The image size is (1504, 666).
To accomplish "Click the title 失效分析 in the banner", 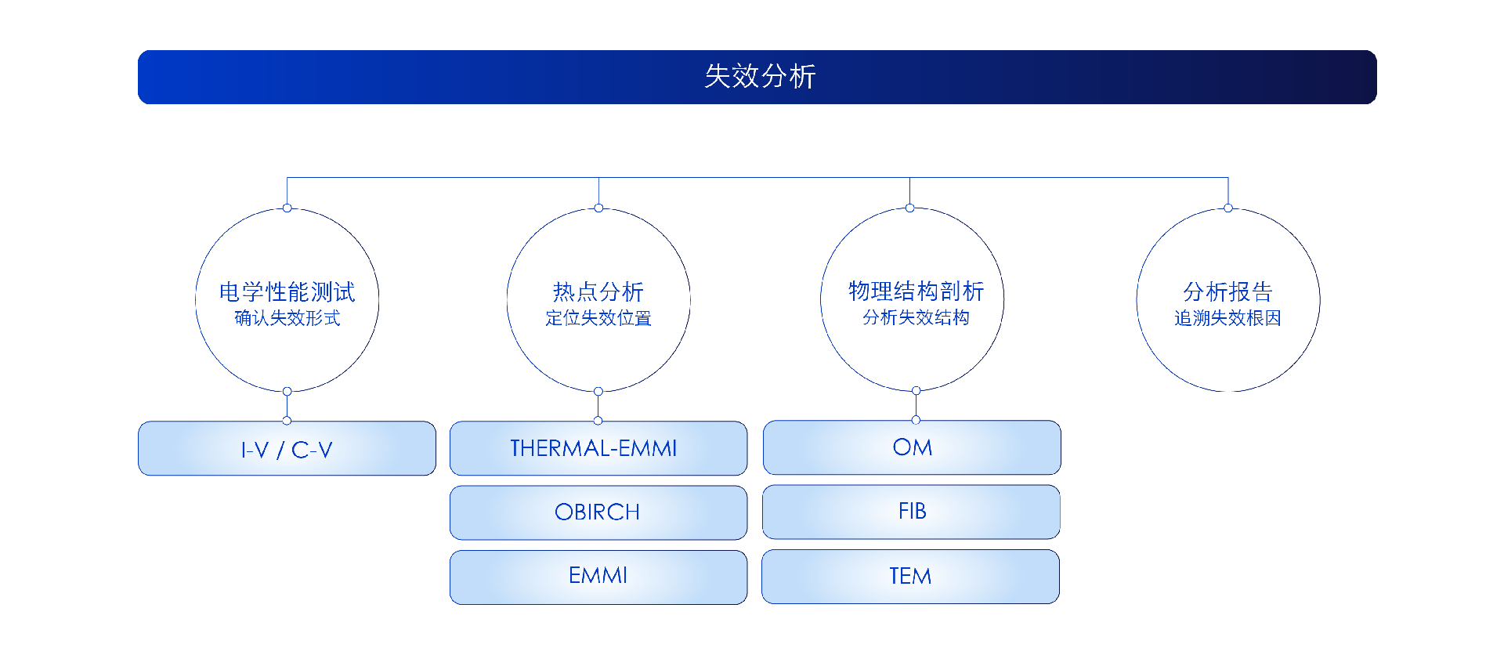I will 759,77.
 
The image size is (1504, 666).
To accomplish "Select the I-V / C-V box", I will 287,449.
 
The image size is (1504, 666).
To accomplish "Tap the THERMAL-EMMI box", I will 598,448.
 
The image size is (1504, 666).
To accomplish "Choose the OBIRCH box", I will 598,512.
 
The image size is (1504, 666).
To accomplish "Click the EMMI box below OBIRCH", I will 598,576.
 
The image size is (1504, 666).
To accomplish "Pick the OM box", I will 912,447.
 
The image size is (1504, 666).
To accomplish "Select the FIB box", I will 912,512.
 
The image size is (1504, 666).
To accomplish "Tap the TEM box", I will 910,577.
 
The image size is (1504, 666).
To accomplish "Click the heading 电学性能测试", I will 287,291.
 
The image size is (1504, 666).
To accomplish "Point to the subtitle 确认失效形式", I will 287,318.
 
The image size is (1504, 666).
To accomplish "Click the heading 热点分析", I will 598,291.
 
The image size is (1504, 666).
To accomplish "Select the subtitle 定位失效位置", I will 598,318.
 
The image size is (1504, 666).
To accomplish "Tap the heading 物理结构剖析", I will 916,291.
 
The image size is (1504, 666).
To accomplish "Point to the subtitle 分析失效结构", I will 916,317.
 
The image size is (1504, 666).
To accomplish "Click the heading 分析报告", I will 1227,291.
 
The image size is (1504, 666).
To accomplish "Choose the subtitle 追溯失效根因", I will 1227,318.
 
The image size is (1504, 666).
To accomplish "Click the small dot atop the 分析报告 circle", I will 1228,208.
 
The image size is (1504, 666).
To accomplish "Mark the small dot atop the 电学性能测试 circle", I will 287,208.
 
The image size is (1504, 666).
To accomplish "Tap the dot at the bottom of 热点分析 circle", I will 598,391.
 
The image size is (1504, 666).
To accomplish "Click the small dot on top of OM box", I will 916,420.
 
